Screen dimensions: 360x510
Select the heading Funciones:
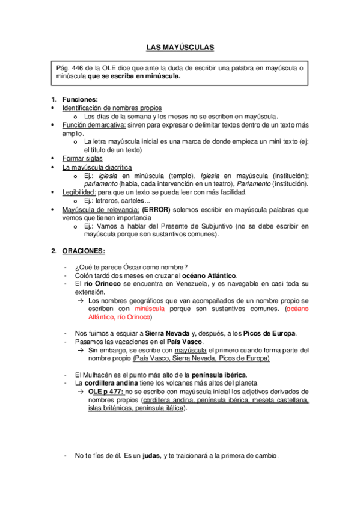point(80,99)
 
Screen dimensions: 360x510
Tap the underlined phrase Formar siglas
point(82,158)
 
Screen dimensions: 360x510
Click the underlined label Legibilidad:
point(79,192)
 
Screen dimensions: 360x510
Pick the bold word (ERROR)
point(157,209)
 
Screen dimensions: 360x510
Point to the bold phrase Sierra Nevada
point(166,333)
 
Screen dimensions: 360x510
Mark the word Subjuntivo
point(232,226)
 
